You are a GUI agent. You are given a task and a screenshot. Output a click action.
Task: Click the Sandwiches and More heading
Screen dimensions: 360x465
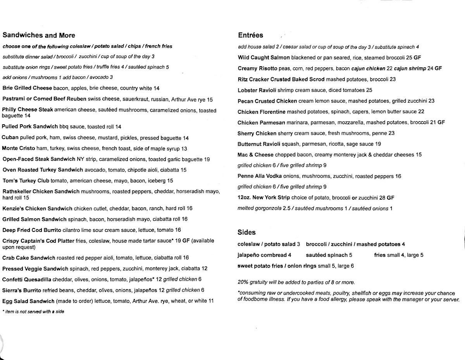coord(39,35)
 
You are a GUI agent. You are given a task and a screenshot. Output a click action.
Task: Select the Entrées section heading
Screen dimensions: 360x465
coord(250,35)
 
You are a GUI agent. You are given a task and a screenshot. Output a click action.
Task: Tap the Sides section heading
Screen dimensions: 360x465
coord(246,232)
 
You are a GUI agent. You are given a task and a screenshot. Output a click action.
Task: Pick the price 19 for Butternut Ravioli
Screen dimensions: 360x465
coord(378,144)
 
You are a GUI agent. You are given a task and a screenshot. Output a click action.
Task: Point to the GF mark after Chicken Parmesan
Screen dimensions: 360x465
coord(441,122)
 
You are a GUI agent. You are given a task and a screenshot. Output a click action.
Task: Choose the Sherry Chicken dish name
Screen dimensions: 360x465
coord(257,133)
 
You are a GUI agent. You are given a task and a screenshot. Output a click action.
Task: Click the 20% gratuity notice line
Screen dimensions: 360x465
coord(296,282)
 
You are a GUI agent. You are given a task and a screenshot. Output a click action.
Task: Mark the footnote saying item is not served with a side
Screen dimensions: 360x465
coord(33,312)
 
